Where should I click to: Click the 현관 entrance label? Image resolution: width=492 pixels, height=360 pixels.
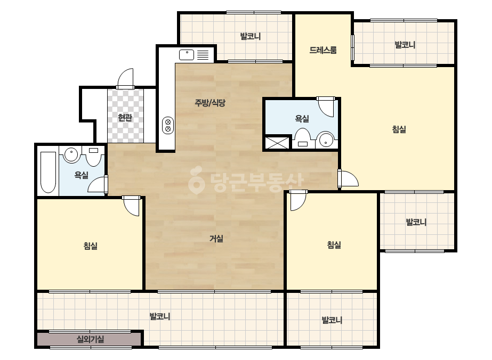[125, 118]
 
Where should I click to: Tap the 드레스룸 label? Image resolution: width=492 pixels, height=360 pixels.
[323, 50]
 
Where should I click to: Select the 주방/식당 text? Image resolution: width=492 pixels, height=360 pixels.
[210, 103]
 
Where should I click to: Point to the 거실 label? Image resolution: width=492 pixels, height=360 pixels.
[216, 239]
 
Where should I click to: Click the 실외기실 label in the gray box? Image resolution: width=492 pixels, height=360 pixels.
[91, 339]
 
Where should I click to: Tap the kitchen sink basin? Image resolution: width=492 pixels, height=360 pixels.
[187, 55]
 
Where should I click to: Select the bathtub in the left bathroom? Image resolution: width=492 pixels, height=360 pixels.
[49, 172]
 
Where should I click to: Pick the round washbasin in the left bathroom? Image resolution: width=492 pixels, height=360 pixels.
[71, 154]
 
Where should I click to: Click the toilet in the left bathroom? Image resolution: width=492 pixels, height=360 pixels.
[93, 156]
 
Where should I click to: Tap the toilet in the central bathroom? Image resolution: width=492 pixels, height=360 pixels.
[303, 138]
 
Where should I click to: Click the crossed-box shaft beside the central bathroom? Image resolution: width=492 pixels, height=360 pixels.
[278, 143]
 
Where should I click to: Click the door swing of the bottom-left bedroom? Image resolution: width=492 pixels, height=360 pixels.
[131, 206]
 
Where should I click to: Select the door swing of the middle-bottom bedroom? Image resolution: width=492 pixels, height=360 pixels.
[298, 201]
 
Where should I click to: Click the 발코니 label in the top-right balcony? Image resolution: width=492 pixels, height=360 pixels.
[405, 45]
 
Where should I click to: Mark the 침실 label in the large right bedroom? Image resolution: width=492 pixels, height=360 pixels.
[399, 129]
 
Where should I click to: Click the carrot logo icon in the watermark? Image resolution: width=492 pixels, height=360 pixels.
[196, 181]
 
